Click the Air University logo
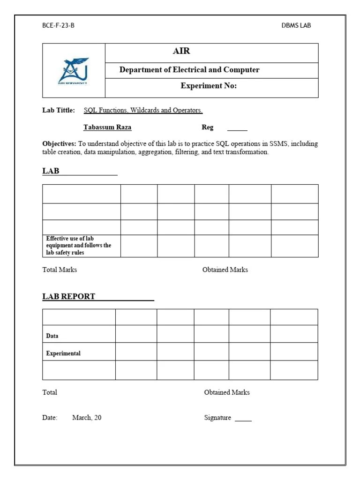tap(74, 71)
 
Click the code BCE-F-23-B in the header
tap(58, 25)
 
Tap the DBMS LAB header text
tap(296, 25)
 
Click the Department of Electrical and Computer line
tap(189, 70)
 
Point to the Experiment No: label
tap(209, 86)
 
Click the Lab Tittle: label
tap(59, 111)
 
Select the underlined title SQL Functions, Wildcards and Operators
tap(143, 111)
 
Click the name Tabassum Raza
tap(107, 127)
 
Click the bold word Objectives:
tap(59, 144)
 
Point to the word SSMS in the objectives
tap(278, 144)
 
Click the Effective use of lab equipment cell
tap(79, 246)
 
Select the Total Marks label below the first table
tap(60, 270)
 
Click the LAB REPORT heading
tap(69, 296)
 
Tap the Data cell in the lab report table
tap(52, 336)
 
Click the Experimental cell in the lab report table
tap(63, 353)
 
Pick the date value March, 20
tap(87, 418)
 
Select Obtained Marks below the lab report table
tap(227, 392)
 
